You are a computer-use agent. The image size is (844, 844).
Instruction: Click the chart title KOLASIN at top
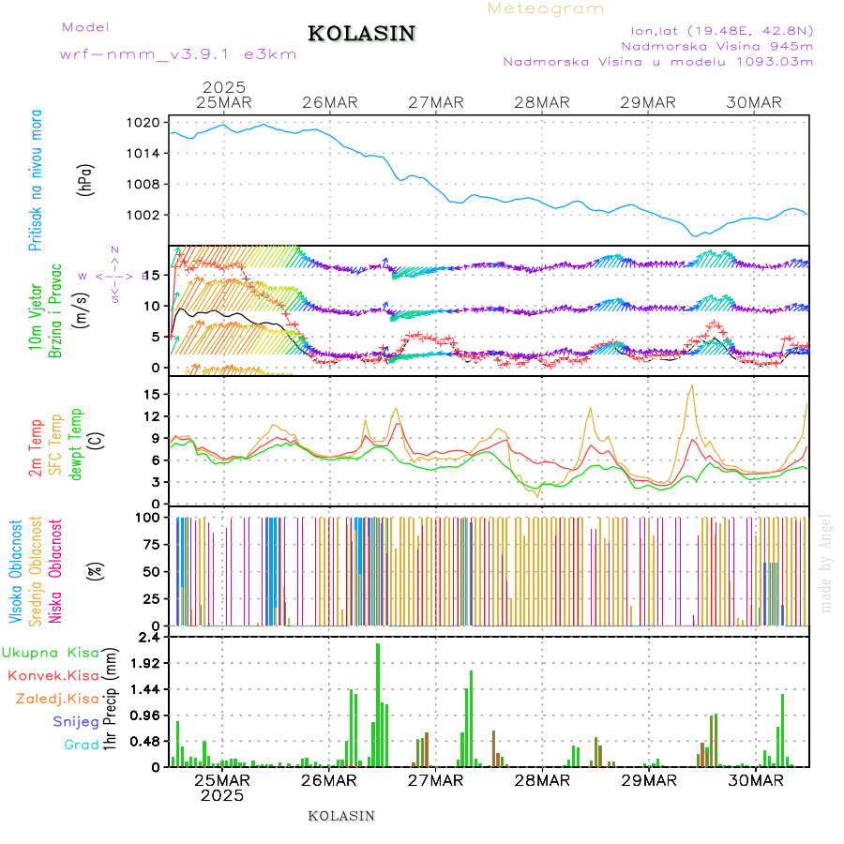click(361, 34)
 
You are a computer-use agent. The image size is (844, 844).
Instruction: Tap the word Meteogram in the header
click(546, 8)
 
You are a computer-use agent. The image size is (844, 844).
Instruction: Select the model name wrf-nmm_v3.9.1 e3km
click(178, 53)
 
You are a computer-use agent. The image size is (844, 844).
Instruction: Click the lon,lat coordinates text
click(721, 29)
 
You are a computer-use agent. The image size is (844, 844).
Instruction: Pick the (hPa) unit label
click(86, 178)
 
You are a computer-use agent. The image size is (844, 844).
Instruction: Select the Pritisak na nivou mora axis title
click(36, 181)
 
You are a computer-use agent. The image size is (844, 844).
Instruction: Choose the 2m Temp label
click(36, 448)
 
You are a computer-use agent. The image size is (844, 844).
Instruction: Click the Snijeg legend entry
click(76, 721)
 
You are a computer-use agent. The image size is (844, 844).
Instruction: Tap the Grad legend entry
click(82, 745)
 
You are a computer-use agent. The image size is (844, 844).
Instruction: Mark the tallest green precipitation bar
click(378, 704)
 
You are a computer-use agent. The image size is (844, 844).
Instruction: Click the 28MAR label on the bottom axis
click(542, 780)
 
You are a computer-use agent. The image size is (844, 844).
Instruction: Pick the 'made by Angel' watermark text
click(826, 562)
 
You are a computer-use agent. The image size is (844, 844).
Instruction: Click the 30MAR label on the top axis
click(754, 102)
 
